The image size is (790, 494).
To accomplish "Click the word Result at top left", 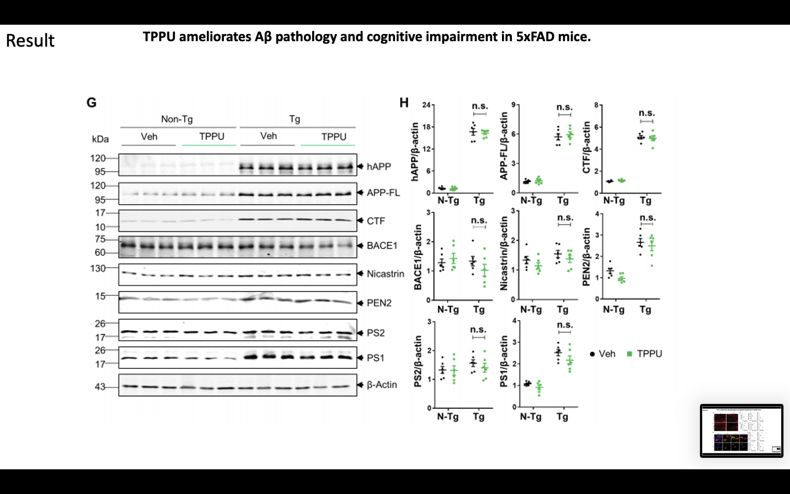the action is [x=30, y=41].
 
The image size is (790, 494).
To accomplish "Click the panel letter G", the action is [x=92, y=103].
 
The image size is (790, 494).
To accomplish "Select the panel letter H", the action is [x=404, y=103].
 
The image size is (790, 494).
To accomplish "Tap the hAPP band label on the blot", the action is [x=379, y=166].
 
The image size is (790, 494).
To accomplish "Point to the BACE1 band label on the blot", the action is [x=382, y=245].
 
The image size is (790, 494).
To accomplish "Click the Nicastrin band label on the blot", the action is [x=385, y=274].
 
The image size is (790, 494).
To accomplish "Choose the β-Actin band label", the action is [x=382, y=385].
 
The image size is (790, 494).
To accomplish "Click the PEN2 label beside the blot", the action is [x=379, y=303].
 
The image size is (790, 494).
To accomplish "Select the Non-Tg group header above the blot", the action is [x=177, y=119].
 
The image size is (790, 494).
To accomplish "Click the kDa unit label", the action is [x=100, y=139].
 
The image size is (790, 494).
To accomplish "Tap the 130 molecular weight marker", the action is [x=98, y=268].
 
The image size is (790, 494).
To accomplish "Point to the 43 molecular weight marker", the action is [x=100, y=387].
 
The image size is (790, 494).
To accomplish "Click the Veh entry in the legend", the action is [x=607, y=354].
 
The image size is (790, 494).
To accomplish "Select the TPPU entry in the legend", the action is [x=649, y=354].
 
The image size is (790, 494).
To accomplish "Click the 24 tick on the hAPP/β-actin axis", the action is [x=426, y=105].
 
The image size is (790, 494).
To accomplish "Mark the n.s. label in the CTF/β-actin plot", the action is [x=647, y=113].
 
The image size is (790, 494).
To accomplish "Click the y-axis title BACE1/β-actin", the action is [x=417, y=257].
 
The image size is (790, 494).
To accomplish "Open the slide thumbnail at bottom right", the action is [x=741, y=430].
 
